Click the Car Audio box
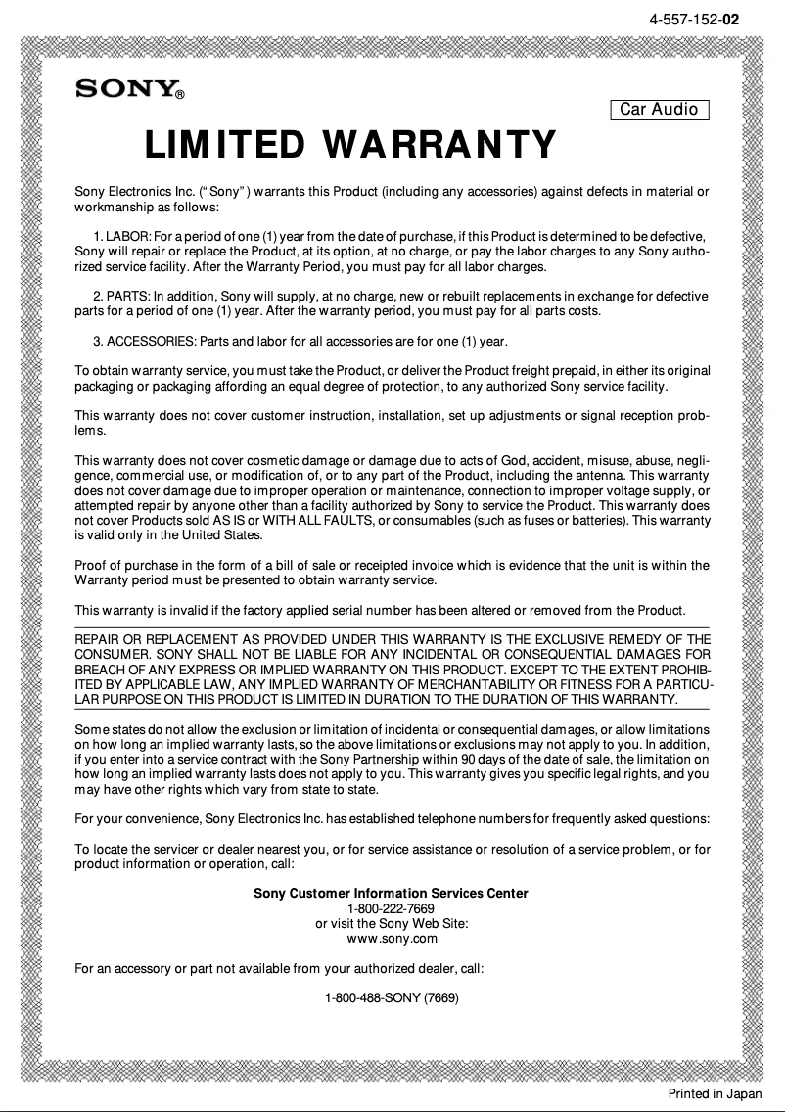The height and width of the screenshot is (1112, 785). pos(659,109)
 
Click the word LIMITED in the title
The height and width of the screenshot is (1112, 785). pos(224,145)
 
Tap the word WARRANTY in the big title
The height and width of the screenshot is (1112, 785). pos(439,145)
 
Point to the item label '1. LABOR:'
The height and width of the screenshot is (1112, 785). pos(120,237)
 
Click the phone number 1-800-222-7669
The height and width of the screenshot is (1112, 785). pos(391,908)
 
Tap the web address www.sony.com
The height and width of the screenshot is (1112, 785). pos(392,939)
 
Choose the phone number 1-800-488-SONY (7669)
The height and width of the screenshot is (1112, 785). pos(392,998)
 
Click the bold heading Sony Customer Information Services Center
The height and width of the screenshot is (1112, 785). pos(391,893)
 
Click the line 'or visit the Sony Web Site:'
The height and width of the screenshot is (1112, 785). pos(391,924)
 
